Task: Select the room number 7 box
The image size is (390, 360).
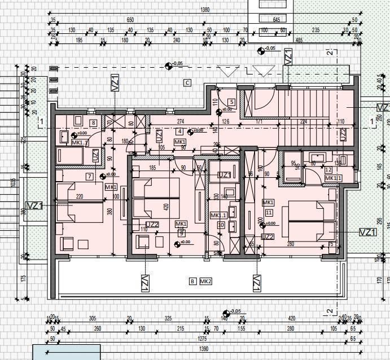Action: [x=90, y=177]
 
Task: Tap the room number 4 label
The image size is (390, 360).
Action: [x=179, y=131]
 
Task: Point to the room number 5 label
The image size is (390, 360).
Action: [x=231, y=102]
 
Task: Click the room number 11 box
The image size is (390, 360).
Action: [x=269, y=212]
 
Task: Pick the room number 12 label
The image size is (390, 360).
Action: [x=328, y=169]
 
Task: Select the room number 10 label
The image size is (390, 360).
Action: [x=221, y=225]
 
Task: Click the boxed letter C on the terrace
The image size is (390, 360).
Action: [x=187, y=83]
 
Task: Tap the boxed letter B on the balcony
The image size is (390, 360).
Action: [x=192, y=281]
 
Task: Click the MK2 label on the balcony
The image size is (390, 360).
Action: [x=206, y=281]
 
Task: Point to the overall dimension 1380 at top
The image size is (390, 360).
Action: [x=205, y=10]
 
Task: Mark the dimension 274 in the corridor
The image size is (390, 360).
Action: [x=181, y=122]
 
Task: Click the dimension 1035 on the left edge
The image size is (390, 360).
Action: [x=13, y=183]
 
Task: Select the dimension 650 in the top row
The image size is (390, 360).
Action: [x=130, y=20]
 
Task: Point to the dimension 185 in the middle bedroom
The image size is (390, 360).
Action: [x=152, y=168]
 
